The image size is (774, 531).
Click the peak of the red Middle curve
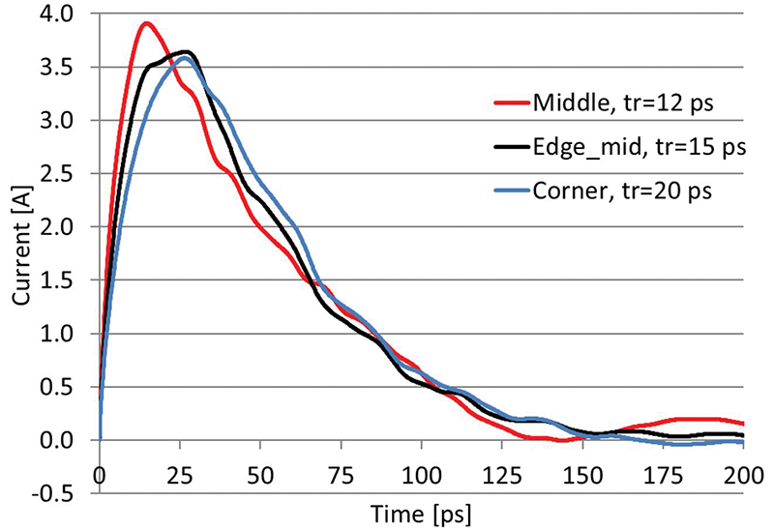pyautogui.click(x=146, y=23)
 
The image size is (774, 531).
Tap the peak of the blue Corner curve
pyautogui.click(x=184, y=57)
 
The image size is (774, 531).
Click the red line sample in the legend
pyautogui.click(x=510, y=102)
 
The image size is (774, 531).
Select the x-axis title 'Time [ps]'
pyautogui.click(x=420, y=509)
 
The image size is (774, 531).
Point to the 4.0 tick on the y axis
pyautogui.click(x=74, y=15)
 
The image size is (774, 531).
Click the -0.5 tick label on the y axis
pyautogui.click(x=70, y=493)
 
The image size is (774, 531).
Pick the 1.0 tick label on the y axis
pyautogui.click(x=74, y=334)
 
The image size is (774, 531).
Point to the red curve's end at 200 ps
pyautogui.click(x=742, y=424)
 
